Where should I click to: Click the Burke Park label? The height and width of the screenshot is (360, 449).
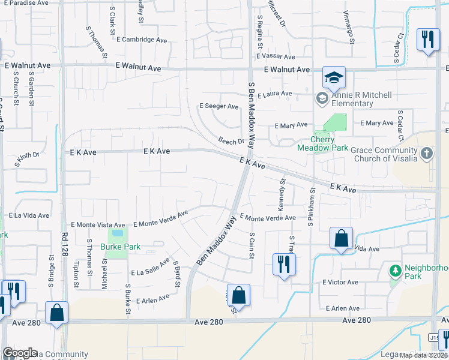(x=121, y=247)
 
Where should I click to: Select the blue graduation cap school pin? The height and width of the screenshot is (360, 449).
(x=334, y=77)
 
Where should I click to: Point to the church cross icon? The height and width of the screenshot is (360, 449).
(x=426, y=154)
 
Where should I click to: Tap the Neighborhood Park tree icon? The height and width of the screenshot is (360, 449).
(x=395, y=271)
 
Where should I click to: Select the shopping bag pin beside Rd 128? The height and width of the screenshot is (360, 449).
(x=56, y=313)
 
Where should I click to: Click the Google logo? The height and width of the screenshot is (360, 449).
(x=19, y=353)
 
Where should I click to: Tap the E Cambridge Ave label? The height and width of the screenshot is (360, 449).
(x=142, y=40)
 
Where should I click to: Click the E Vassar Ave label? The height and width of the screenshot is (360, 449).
(x=275, y=56)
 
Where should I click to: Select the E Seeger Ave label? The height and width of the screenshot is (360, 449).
(x=219, y=106)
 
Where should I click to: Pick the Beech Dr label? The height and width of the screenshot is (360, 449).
(x=232, y=142)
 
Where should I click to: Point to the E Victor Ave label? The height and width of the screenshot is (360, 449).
(x=340, y=282)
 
